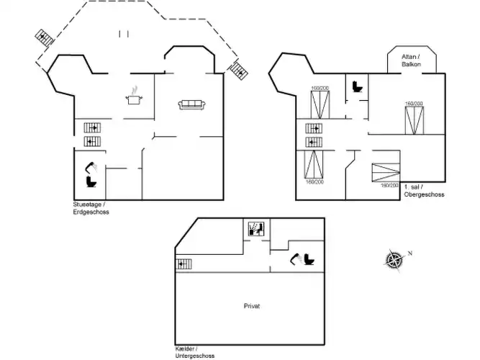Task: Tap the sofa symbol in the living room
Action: point(192,105)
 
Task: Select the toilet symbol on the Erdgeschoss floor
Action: point(90,181)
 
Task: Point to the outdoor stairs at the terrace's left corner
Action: point(45,37)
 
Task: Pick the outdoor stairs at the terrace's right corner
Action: point(238,71)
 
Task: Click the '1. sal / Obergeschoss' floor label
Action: point(424,191)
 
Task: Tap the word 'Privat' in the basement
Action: point(252,305)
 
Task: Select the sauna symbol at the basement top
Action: point(255,229)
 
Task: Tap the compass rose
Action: point(394,258)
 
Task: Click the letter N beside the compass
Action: point(409,253)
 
